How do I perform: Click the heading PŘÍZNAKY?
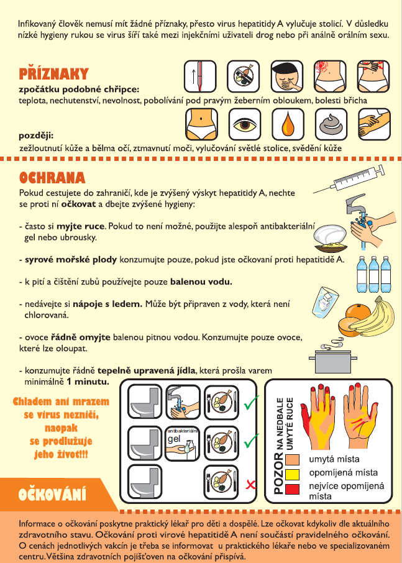tap(53, 74)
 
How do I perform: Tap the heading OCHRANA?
tap(52, 178)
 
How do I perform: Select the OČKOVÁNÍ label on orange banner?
tap(52, 495)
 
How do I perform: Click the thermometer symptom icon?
tap(200, 76)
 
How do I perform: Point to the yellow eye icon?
tap(244, 124)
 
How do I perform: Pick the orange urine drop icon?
tap(288, 124)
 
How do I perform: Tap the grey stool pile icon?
tap(331, 124)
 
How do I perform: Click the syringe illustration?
tap(349, 180)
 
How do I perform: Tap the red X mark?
tap(250, 485)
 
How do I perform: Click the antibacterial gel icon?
tap(182, 444)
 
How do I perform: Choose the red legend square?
tap(292, 489)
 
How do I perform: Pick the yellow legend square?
tap(292, 474)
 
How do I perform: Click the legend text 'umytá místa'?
tap(334, 459)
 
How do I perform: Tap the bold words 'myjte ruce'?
tap(80, 227)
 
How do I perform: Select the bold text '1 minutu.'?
tap(88, 382)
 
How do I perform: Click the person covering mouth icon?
tap(287, 76)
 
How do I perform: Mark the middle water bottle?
tap(373, 274)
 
